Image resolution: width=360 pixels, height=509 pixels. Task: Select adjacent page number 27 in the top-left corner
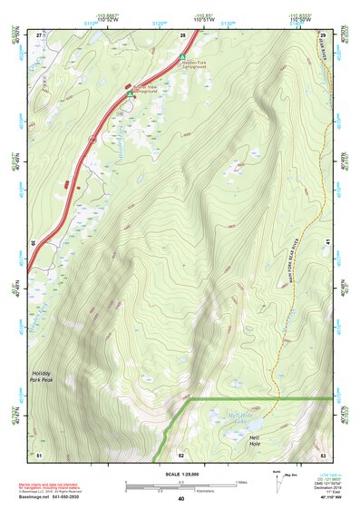[x=39, y=34]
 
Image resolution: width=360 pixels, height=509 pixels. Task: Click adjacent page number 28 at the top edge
[x=182, y=34]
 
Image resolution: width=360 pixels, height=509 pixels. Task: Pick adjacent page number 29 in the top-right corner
[x=323, y=34]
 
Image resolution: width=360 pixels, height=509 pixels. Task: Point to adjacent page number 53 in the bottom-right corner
[x=323, y=454]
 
